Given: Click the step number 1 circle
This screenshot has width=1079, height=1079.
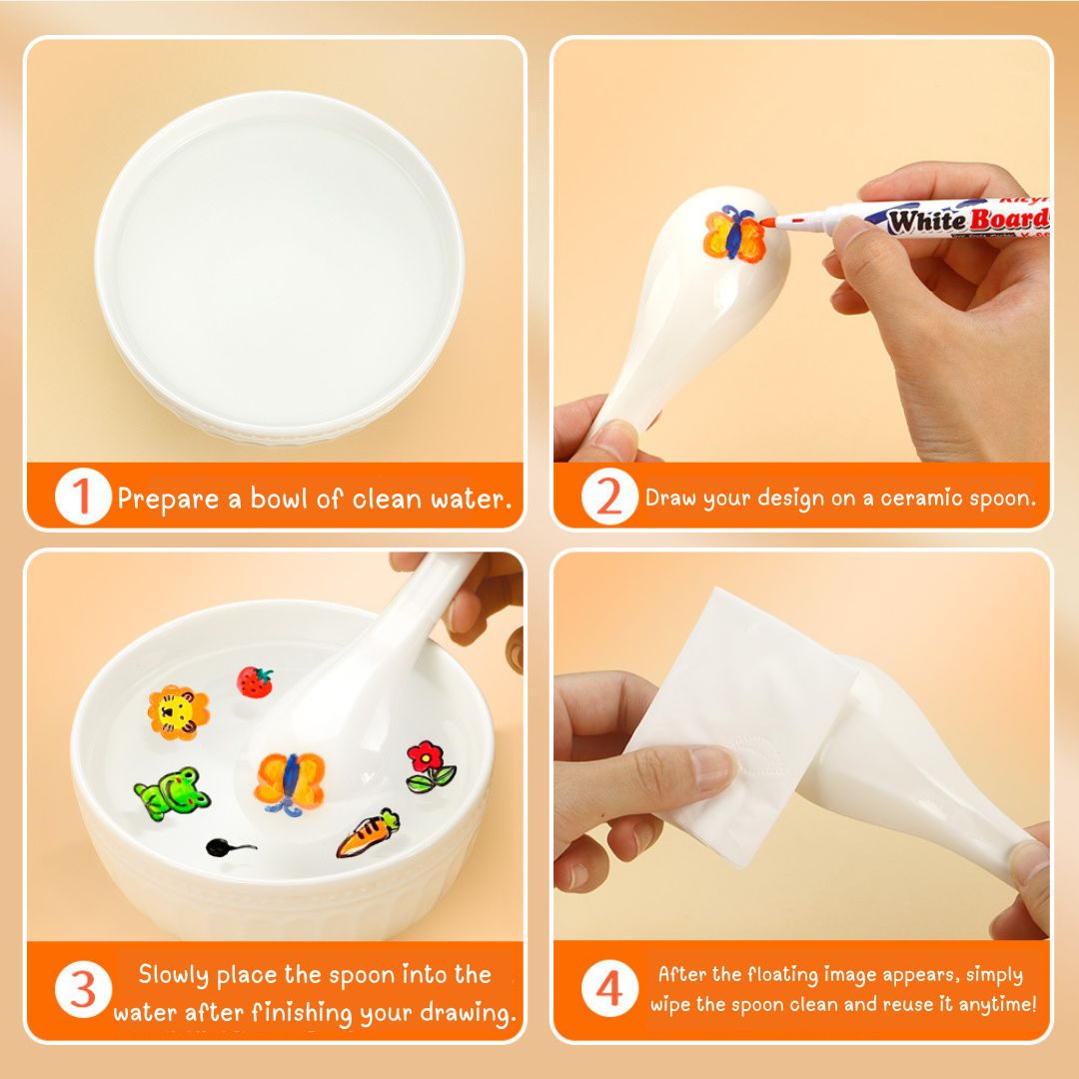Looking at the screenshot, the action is click(x=83, y=497).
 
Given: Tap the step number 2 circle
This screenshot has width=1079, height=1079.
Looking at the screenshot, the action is click(x=609, y=497).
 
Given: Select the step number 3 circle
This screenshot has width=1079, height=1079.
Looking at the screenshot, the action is click(x=83, y=989).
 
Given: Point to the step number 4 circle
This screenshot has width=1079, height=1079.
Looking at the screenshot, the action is click(x=609, y=988).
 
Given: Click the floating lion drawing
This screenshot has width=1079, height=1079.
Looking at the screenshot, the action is click(x=178, y=712).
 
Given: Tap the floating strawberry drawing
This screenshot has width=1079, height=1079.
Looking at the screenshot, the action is click(x=255, y=682).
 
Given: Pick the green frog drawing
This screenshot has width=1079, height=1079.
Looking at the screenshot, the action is click(x=172, y=793).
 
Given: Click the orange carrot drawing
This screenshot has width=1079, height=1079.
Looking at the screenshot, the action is click(x=368, y=833).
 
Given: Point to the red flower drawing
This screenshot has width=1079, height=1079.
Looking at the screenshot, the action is click(x=431, y=766).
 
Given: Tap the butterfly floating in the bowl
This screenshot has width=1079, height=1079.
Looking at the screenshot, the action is click(x=290, y=783).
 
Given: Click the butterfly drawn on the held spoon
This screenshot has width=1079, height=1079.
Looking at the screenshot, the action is click(x=733, y=233).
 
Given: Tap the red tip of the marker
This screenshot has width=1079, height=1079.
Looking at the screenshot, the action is click(x=767, y=222).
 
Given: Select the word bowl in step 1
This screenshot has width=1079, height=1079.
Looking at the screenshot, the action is click(x=279, y=498).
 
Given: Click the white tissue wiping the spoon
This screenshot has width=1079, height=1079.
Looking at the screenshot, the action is click(x=743, y=729).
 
